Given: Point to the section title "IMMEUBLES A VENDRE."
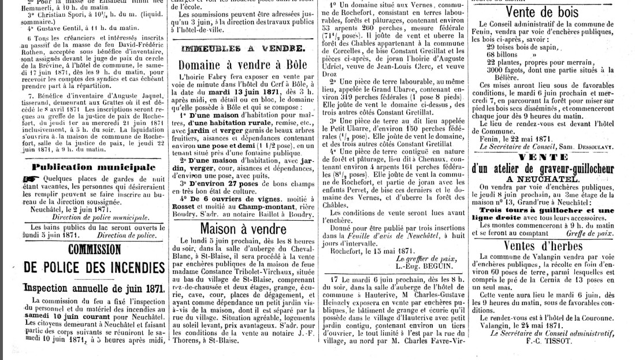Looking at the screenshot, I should [x=242, y=48].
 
